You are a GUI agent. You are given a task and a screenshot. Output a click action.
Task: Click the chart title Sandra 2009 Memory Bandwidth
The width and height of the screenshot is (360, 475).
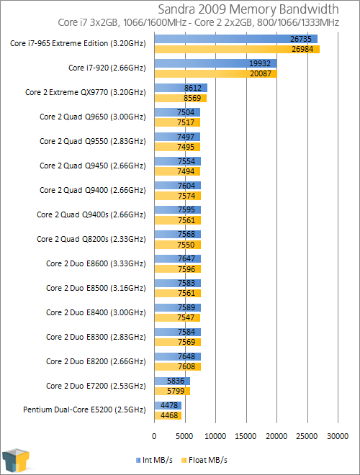tap(248, 9)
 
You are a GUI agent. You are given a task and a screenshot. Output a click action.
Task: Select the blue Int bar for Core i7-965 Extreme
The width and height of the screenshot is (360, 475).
tap(235, 39)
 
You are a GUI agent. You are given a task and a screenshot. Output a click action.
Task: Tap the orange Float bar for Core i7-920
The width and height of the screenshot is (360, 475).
tap(216, 73)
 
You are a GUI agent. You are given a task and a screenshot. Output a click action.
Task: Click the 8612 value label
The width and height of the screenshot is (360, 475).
tap(193, 88)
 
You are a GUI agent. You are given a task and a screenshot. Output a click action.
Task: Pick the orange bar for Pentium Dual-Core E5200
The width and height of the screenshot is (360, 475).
tap(168, 415)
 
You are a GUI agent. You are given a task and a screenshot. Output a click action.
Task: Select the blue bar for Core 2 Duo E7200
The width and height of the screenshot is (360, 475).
tap(172, 381)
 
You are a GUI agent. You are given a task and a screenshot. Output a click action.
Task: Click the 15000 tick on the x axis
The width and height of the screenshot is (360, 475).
tap(246, 436)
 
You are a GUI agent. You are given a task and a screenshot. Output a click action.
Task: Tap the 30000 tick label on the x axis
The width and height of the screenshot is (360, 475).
tap(338, 436)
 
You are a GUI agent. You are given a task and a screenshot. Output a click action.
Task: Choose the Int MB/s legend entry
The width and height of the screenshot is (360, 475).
tap(155, 460)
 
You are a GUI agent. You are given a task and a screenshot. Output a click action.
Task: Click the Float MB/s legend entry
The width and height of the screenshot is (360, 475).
tap(204, 460)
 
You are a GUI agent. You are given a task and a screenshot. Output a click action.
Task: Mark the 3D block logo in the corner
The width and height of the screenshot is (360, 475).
tap(16, 461)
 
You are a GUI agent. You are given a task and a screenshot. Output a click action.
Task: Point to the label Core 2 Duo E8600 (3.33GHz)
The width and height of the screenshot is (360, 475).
tap(96, 263)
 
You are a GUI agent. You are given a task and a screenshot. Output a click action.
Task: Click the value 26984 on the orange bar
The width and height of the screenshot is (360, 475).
tap(302, 49)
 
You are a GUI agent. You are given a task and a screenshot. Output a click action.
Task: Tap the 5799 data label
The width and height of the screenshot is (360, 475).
tap(176, 391)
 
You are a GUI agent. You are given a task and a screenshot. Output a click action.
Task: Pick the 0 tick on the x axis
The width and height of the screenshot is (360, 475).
tap(154, 436)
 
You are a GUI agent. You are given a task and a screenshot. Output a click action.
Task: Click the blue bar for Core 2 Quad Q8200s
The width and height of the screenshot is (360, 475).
tap(178, 234)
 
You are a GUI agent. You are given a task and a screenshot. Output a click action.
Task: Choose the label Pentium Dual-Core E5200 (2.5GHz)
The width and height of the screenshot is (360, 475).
tap(84, 410)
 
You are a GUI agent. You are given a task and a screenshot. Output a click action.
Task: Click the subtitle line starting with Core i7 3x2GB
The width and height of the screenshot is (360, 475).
tap(199, 23)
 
